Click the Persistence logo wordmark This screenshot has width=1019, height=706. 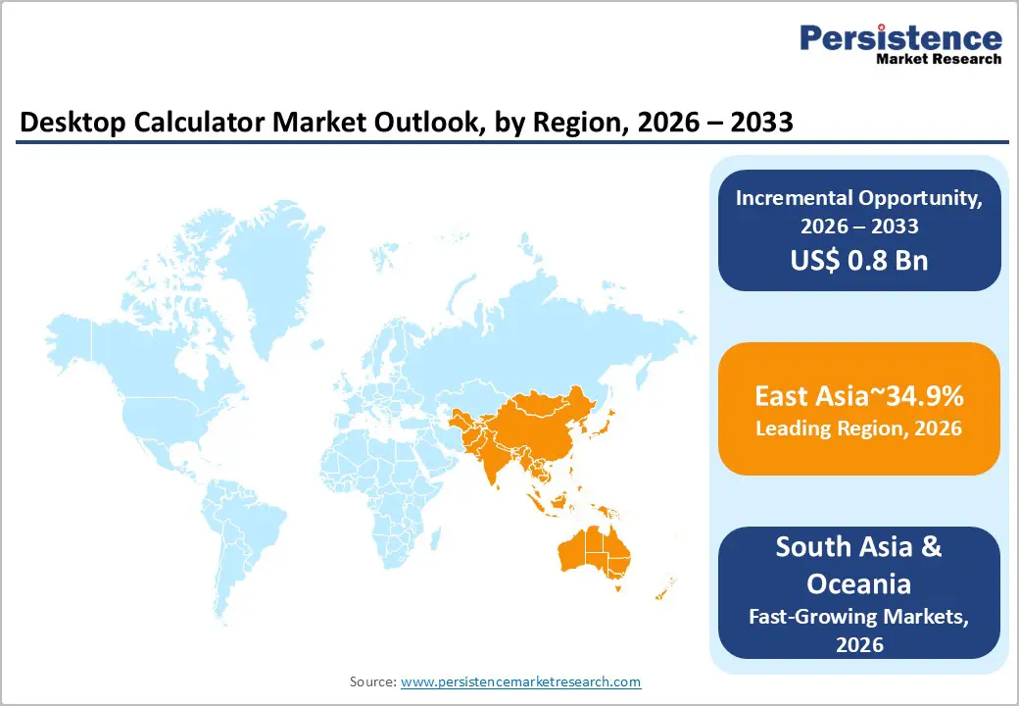900,37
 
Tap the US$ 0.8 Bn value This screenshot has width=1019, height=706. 859,261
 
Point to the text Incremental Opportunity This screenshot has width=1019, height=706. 859,197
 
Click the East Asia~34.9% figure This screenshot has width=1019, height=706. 859,396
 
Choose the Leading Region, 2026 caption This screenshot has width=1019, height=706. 859,429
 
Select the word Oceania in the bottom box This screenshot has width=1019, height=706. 859,583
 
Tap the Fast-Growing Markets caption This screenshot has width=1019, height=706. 859,617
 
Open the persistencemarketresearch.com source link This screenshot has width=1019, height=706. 520,681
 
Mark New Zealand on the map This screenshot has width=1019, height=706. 666,588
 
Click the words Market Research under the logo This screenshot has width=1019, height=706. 940,59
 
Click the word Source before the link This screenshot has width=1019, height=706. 372,681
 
